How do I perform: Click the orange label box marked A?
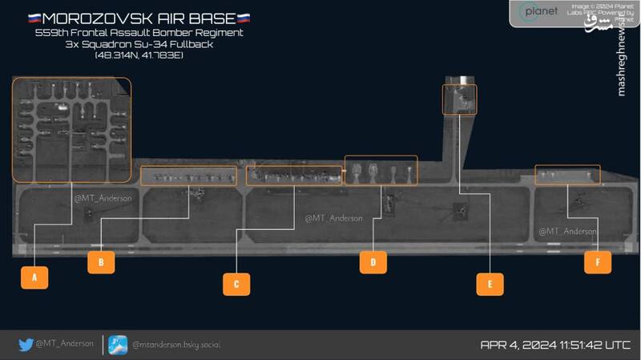pos(34,277)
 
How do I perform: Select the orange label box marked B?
pos(101,261)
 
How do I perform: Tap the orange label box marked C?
pos(236,282)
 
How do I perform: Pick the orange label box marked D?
pos(373,261)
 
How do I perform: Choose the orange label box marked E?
pos(490,282)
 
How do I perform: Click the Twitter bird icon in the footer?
pos(26,345)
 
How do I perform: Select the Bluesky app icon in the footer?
pos(118,344)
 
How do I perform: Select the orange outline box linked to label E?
pos(459,99)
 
